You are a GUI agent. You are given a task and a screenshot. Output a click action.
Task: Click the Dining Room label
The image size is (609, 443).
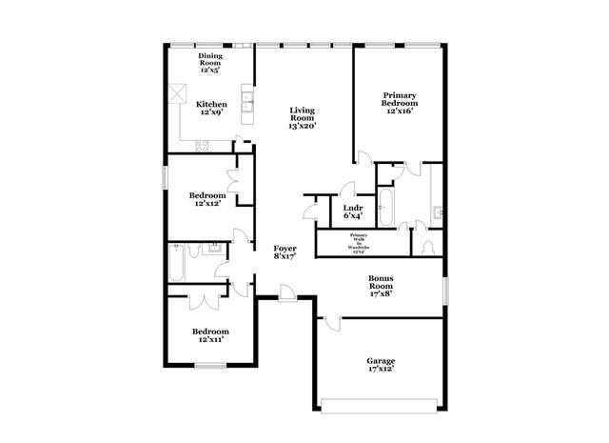209,63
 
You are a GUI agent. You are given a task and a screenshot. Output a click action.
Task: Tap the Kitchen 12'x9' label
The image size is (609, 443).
210,108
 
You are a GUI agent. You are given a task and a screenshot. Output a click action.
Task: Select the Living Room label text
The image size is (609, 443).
303,117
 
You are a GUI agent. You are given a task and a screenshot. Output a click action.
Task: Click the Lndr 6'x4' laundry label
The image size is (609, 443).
353,211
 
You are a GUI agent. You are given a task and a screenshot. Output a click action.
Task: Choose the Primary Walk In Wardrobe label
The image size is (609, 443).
359,243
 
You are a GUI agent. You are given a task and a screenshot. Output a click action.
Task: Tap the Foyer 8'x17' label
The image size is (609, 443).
285,252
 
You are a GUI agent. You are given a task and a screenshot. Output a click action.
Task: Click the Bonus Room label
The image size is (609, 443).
382,287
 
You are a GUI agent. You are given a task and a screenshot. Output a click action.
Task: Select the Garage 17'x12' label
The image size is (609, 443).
382,365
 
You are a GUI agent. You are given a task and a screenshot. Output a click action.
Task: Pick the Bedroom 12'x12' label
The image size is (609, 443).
210,198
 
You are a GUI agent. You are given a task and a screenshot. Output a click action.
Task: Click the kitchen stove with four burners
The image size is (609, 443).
202,145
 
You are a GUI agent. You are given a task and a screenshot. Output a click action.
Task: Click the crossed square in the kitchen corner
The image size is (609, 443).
176,95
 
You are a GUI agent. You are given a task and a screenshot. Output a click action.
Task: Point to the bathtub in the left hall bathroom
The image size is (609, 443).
178,263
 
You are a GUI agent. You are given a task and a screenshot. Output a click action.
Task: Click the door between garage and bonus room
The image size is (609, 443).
330,322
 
